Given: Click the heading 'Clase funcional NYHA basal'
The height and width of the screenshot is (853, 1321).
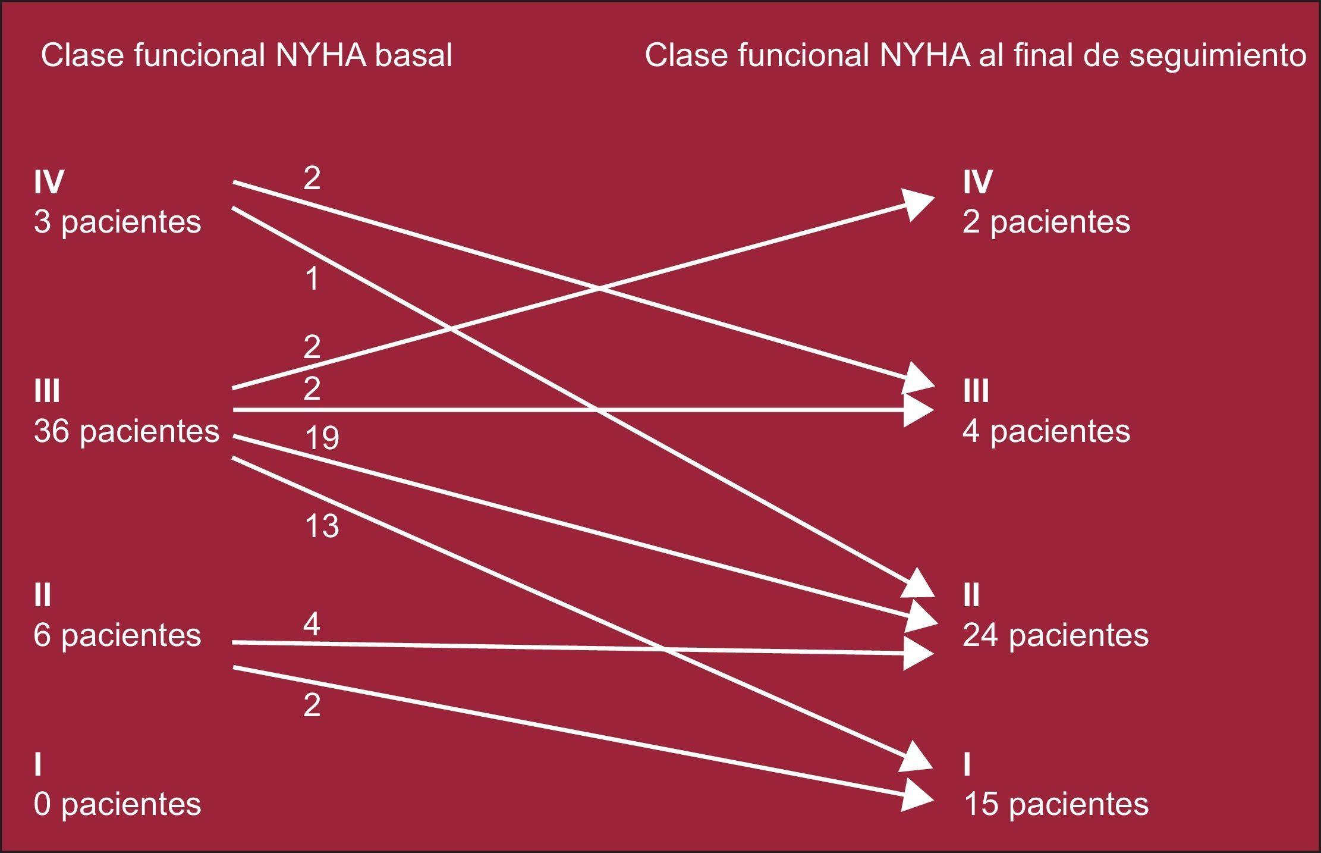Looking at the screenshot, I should [246, 56].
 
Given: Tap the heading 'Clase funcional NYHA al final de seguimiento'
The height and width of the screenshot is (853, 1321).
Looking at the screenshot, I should [975, 56].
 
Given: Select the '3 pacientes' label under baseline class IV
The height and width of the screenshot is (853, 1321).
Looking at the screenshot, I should [117, 222].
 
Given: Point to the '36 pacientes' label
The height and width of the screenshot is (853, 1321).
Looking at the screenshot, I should [127, 431].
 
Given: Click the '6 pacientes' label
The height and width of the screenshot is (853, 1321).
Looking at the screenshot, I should [117, 635].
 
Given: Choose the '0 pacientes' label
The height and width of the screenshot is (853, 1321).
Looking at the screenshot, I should [117, 804].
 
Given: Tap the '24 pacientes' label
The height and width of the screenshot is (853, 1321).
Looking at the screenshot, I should [1055, 635].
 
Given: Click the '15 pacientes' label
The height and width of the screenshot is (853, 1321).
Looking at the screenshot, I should [1055, 804].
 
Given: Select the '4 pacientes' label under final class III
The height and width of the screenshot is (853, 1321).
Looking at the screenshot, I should [1046, 431].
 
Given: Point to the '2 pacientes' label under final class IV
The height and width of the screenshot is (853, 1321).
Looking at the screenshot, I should [1046, 222].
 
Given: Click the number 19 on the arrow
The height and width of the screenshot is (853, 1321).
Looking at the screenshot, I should [322, 438].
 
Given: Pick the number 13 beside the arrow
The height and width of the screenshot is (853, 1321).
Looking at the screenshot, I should [322, 526].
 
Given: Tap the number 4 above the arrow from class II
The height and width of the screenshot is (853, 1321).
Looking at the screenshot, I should [312, 624].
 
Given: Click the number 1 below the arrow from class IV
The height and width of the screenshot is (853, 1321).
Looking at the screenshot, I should [312, 278].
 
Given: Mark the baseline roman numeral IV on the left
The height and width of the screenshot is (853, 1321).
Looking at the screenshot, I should [49, 182].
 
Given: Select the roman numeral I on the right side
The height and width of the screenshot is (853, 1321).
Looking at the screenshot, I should [967, 765].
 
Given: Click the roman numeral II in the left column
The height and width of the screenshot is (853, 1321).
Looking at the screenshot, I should [43, 595].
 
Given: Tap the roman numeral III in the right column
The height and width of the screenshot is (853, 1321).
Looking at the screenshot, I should [976, 391].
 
